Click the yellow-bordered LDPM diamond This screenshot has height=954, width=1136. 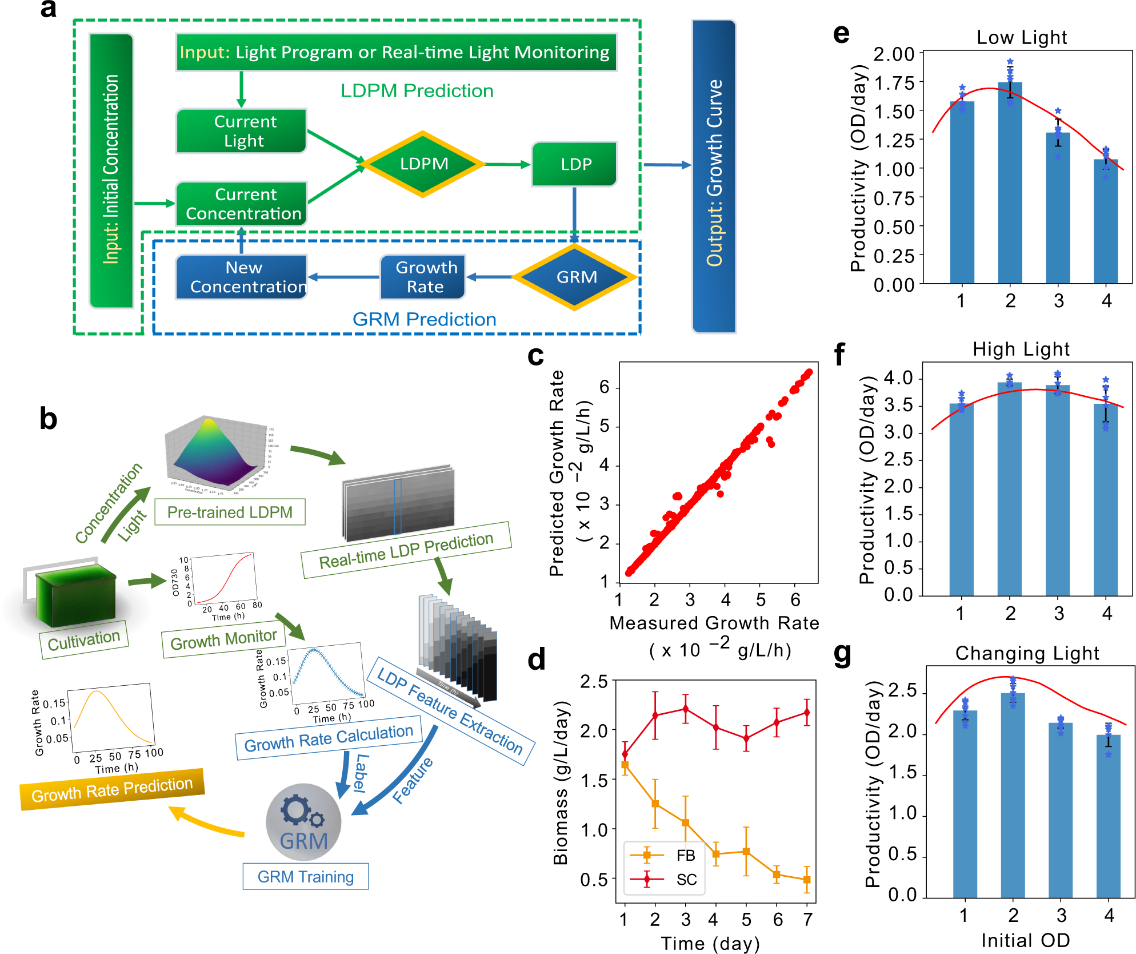(424, 164)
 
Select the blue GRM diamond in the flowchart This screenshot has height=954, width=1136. (575, 277)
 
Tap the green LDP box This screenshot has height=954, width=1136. (574, 165)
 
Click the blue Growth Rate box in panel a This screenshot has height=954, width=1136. (423, 277)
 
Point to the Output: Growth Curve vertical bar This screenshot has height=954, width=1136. (714, 176)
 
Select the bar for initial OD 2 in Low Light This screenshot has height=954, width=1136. (1010, 183)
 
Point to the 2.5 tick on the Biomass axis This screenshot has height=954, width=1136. (594, 682)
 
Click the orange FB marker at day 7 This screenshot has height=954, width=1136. (807, 880)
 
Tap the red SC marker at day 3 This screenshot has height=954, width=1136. (685, 709)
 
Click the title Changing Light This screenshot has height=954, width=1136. (1027, 653)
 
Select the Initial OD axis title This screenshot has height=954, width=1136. (1025, 940)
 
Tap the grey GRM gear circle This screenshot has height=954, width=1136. (303, 822)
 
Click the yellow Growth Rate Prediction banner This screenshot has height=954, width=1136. (112, 789)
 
